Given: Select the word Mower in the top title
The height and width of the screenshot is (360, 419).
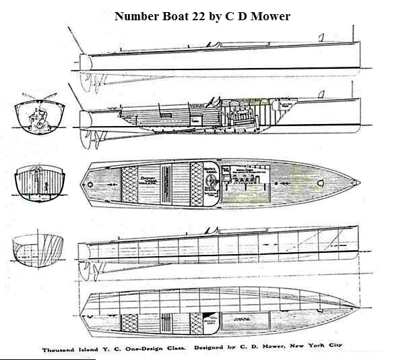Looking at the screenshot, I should pyautogui.click(x=267, y=16).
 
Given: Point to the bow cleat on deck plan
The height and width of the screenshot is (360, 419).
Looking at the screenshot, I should pyautogui.click(x=321, y=181).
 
